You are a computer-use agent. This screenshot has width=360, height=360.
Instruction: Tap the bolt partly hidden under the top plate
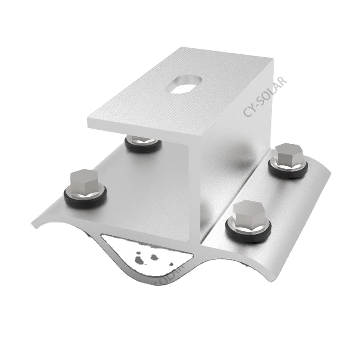coord(143,142)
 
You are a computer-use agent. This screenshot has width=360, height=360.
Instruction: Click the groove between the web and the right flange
coord(234,202)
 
